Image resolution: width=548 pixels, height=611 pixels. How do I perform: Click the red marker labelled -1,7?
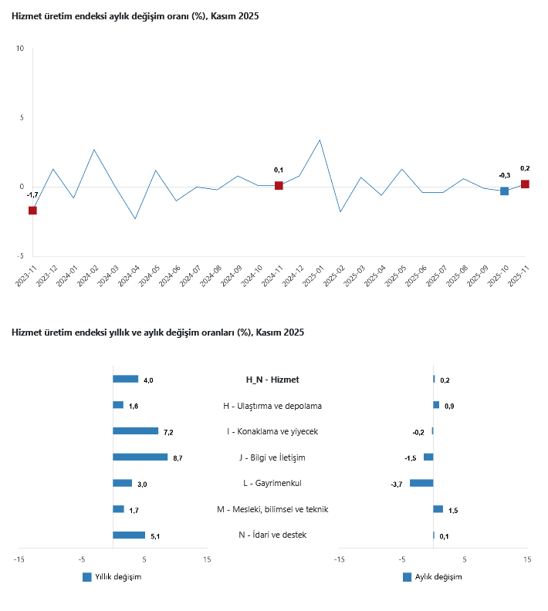point(32,211)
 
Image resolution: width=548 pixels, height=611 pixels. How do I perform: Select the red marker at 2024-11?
point(279,186)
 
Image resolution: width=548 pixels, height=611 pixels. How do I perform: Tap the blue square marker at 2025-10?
point(504,191)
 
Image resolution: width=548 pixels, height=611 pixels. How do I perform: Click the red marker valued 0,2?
point(525,184)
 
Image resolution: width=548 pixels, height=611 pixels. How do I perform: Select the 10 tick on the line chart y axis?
point(20,49)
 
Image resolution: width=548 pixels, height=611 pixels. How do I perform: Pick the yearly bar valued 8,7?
point(140,457)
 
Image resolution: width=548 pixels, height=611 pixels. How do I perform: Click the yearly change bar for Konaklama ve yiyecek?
point(135,431)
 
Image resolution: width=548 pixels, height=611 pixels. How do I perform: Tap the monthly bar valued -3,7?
point(421,483)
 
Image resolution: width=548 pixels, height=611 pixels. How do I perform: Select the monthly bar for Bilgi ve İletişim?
point(428,457)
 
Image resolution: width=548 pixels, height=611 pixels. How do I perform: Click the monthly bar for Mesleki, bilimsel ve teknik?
point(438,509)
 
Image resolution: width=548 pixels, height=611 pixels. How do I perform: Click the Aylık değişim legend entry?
point(432,577)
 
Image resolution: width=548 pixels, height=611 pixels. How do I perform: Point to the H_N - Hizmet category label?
point(272,380)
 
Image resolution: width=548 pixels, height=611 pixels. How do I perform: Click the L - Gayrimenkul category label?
point(272,483)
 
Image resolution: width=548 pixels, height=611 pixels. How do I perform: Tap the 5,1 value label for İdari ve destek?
point(155,536)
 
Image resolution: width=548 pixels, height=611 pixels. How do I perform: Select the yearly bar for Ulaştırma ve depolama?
point(118,405)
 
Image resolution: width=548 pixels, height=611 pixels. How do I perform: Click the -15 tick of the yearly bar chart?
point(19,561)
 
